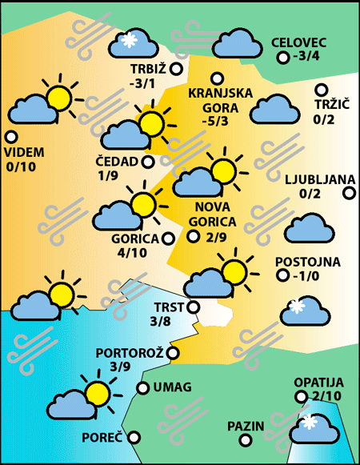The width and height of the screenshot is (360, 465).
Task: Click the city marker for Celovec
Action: (282, 57)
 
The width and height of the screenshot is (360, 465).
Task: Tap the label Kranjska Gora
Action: (220, 99)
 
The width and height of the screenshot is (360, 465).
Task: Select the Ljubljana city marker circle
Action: (349, 192)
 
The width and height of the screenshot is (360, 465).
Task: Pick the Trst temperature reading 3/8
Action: (160, 321)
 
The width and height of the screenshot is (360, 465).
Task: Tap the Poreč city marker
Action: (134, 437)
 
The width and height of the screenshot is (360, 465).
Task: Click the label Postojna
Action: (308, 262)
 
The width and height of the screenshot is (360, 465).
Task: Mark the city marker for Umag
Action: (142, 388)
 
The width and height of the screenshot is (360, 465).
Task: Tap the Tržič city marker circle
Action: (321, 90)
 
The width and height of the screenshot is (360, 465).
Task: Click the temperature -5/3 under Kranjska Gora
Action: (215, 122)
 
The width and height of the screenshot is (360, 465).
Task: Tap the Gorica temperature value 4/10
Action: (132, 253)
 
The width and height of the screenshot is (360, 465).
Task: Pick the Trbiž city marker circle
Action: (176, 69)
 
